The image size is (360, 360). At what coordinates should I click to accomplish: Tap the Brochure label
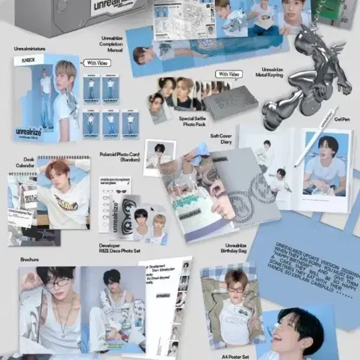[x=28, y=259]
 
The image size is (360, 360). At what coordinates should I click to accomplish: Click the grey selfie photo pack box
[x=230, y=104]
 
